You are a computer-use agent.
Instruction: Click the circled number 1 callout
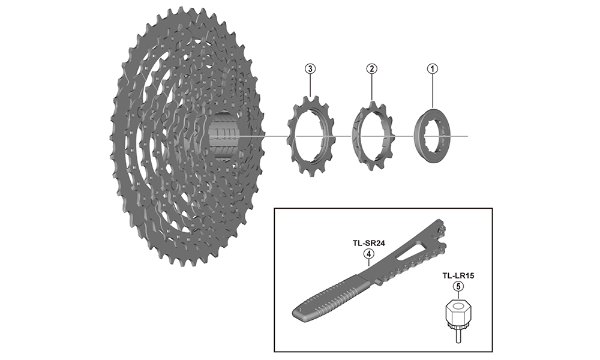pyautogui.click(x=433, y=69)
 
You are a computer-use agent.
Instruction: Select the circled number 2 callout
pyautogui.click(x=371, y=69)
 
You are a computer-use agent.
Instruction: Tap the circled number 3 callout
pyautogui.click(x=310, y=69)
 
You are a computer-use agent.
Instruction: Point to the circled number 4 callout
pyautogui.click(x=368, y=253)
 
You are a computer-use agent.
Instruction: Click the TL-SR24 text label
pyautogui.click(x=368, y=243)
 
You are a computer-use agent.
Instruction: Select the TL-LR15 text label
pyautogui.click(x=458, y=275)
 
